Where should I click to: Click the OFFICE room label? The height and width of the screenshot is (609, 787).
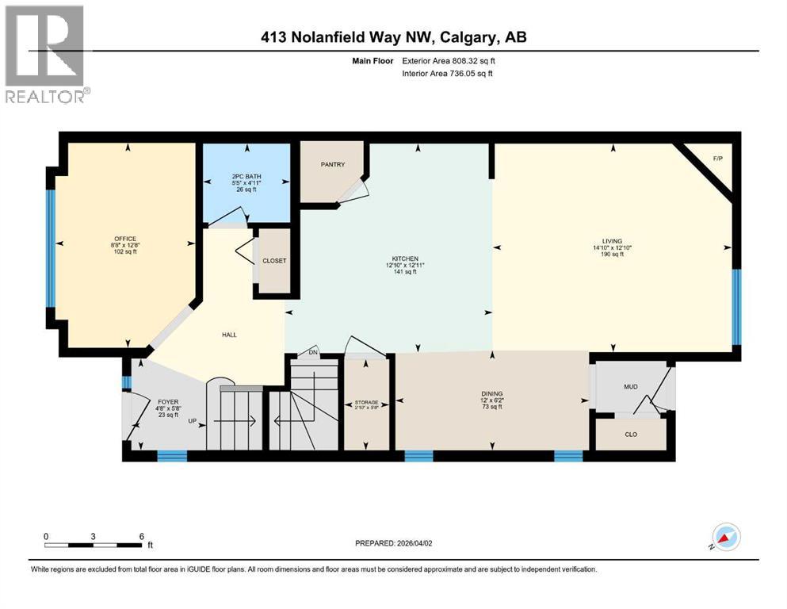pyautogui.click(x=124, y=239)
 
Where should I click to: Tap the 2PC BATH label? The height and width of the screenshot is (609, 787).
pyautogui.click(x=247, y=176)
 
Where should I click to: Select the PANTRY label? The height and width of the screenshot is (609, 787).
pyautogui.click(x=332, y=164)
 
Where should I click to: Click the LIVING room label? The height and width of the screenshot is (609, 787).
pyautogui.click(x=611, y=241)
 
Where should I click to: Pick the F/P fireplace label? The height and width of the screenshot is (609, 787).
pyautogui.click(x=717, y=159)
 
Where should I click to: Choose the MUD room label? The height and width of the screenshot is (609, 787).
pyautogui.click(x=631, y=386)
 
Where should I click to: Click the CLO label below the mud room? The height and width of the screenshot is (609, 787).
pyautogui.click(x=631, y=434)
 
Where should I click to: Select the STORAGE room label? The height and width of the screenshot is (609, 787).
pyautogui.click(x=366, y=402)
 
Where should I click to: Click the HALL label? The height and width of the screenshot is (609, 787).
pyautogui.click(x=228, y=334)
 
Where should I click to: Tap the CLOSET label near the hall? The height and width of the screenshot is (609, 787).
pyautogui.click(x=274, y=261)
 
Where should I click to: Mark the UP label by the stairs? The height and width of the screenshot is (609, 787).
pyautogui.click(x=193, y=421)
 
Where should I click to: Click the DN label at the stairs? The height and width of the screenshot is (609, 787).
pyautogui.click(x=313, y=351)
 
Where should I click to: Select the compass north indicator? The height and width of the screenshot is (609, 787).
pyautogui.click(x=725, y=538)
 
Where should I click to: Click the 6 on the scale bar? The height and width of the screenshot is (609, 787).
pyautogui.click(x=141, y=535)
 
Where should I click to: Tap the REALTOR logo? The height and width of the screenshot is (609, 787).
pyautogui.click(x=45, y=54)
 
